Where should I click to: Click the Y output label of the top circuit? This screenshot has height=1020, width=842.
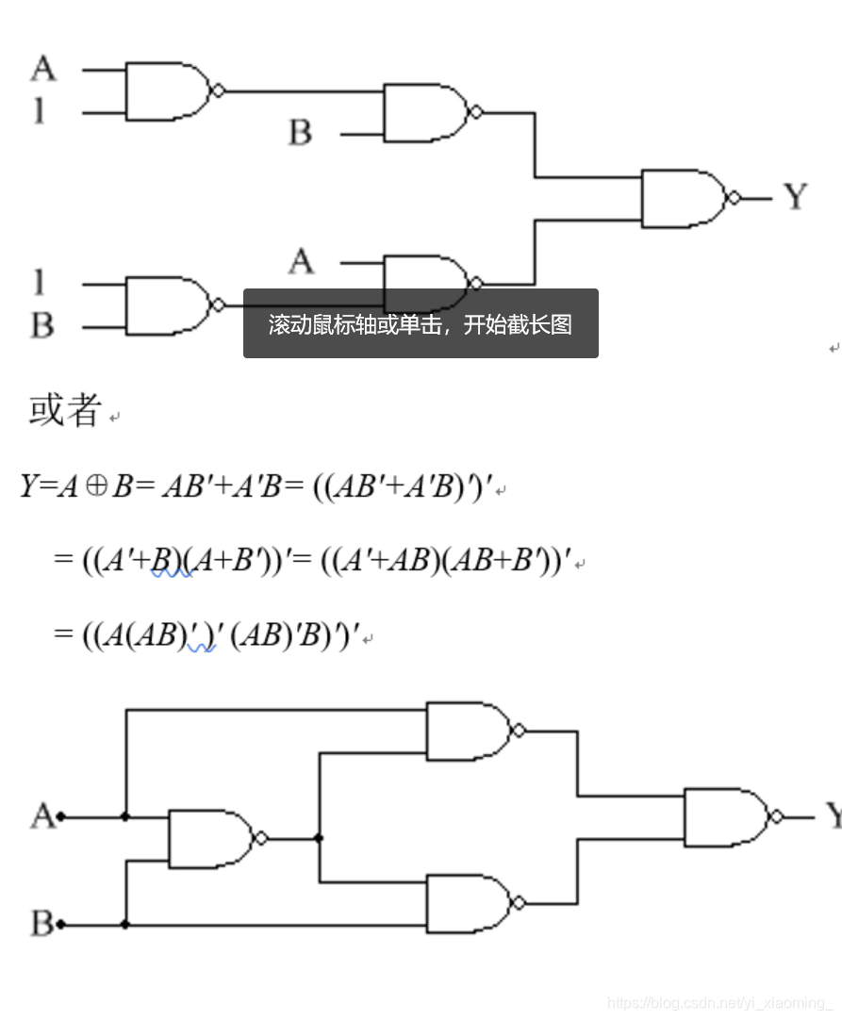(796, 197)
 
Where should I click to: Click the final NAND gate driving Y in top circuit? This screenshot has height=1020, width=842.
(684, 198)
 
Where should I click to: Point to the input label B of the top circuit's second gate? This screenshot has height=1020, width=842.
(300, 133)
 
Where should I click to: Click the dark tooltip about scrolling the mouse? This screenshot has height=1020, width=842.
(421, 323)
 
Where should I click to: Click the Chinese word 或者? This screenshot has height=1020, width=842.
(64, 410)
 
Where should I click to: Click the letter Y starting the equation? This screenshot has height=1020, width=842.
(28, 487)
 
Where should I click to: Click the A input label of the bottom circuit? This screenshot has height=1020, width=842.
(42, 815)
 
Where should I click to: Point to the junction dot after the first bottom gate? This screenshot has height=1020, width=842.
(320, 837)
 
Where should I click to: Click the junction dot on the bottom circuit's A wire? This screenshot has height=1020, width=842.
(125, 816)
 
